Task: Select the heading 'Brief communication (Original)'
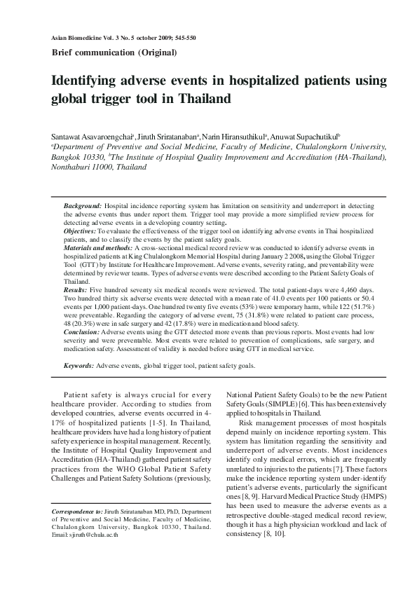(x=114, y=53)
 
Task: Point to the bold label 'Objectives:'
(x=80, y=230)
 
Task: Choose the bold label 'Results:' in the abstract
(x=76, y=289)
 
